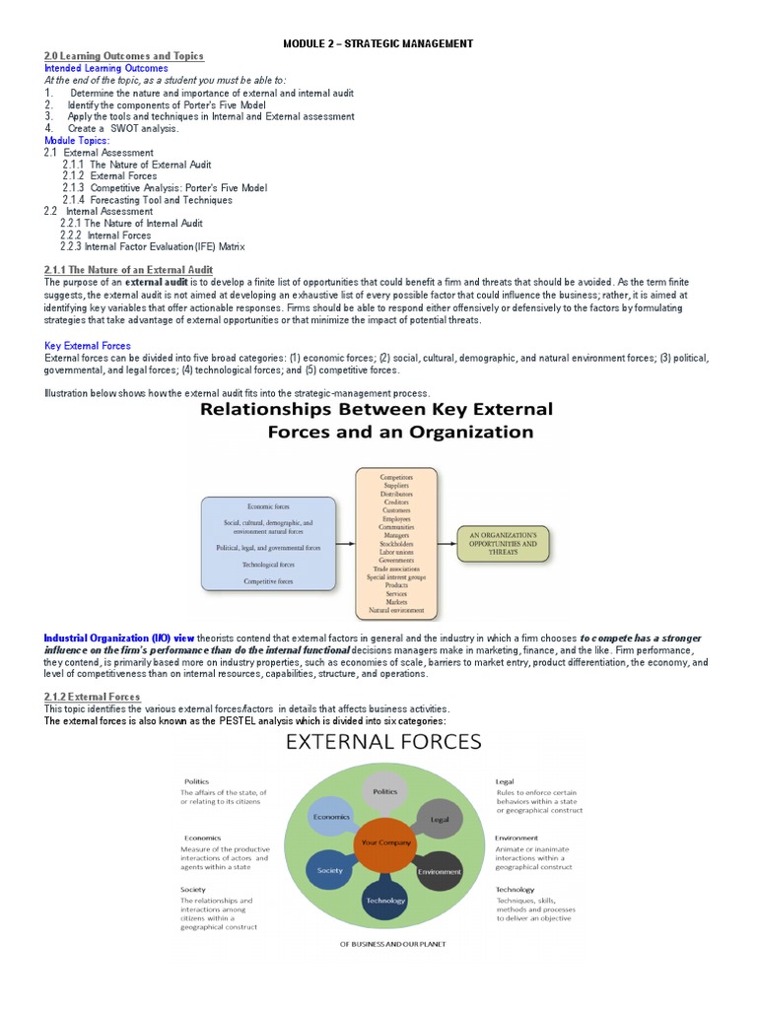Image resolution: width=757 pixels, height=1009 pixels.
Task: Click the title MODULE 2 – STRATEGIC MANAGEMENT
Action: [378, 43]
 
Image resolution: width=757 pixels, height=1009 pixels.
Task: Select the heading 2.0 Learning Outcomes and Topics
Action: [123, 56]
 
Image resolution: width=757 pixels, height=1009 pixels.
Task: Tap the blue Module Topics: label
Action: [77, 141]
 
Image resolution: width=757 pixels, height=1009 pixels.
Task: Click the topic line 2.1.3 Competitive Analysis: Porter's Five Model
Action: [165, 188]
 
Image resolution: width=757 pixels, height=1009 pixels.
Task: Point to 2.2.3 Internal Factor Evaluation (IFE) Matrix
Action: [152, 246]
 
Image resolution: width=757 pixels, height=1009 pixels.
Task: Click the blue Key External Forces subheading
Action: [88, 346]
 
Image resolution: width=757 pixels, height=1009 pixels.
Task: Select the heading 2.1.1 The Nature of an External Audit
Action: [128, 270]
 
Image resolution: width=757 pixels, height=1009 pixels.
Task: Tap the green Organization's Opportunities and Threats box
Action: [503, 543]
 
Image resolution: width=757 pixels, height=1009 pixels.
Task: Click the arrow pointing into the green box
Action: [446, 543]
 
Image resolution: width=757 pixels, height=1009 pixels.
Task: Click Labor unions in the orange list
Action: [396, 552]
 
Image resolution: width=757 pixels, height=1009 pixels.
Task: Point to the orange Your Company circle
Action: [384, 843]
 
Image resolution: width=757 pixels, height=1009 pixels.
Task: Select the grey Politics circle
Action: [384, 791]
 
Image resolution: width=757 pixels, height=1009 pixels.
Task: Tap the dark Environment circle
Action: [439, 871]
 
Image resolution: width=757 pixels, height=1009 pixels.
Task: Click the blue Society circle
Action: [330, 870]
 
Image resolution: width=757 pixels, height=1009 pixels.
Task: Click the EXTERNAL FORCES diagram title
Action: [383, 741]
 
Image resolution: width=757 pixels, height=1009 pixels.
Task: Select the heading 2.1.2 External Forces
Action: [92, 697]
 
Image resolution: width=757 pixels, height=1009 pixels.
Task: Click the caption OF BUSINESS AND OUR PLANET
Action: [392, 944]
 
